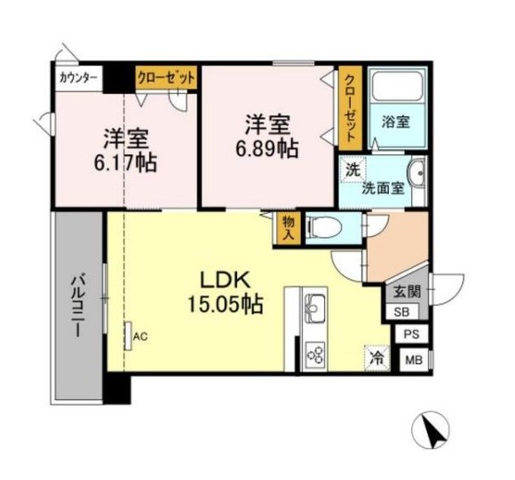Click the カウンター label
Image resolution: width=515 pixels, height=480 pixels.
point(78,77)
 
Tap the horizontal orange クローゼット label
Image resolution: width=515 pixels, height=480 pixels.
point(165,77)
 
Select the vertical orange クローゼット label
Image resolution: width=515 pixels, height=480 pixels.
point(351,108)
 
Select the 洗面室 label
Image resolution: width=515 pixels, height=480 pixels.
point(383,187)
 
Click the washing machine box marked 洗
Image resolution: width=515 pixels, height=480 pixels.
point(353,168)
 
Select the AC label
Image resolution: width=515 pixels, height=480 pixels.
point(139,335)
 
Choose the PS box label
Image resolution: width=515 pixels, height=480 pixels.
point(411,334)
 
